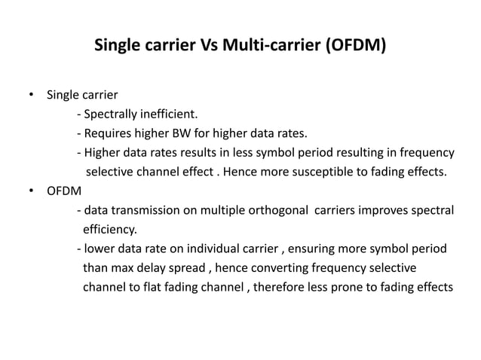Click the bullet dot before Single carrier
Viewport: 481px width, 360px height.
[31, 96]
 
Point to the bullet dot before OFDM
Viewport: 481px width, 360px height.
[31, 191]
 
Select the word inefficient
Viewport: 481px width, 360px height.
[169, 115]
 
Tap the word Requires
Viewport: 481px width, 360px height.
[108, 135]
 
